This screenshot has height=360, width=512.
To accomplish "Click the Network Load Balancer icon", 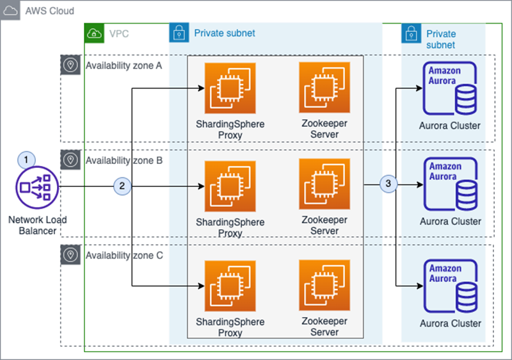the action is tap(37, 187).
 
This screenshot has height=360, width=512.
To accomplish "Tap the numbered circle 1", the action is tap(26, 160).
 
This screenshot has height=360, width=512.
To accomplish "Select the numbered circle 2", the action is tap(122, 186).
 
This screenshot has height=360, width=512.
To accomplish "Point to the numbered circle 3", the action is tap(388, 184).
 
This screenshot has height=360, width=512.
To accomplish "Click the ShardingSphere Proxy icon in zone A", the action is tap(230, 88).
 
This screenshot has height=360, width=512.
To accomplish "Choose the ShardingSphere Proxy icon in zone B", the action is tap(230, 186).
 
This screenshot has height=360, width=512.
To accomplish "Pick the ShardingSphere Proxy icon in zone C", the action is tap(230, 286).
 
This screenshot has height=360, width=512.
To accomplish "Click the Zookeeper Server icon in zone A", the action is tap(324, 88).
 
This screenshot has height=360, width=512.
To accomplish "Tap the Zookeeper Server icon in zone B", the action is tap(324, 184).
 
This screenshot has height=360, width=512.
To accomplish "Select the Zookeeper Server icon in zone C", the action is tap(324, 285).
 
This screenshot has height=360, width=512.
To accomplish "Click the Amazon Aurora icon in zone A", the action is tap(450, 88).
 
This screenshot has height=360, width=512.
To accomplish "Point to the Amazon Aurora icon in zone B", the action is tap(451, 184).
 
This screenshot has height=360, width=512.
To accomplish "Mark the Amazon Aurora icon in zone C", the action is tap(451, 286).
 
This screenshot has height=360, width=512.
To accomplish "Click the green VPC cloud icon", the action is tap(94, 33).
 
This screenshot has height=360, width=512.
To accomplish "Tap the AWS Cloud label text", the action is tap(50, 11).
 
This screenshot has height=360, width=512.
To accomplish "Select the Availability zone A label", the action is tap(124, 66).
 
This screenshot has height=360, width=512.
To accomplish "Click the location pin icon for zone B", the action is tap(70, 160).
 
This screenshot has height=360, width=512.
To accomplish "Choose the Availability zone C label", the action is tap(124, 256).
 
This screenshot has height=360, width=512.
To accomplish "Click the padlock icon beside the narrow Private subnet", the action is tap(411, 33).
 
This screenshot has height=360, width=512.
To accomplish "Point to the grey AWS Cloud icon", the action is tap(10, 10).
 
